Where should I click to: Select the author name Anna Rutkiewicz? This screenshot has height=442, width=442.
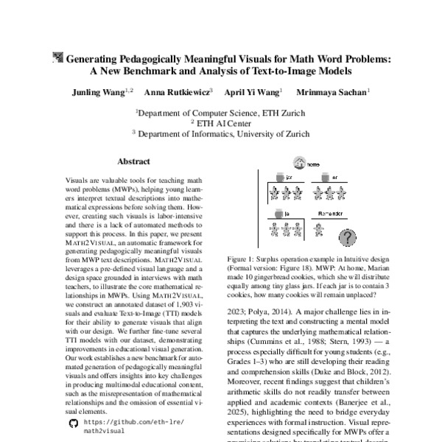pyautogui.click(x=178, y=92)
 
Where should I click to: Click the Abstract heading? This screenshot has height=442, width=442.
pyautogui.click(x=134, y=161)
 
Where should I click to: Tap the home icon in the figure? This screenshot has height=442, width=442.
pyautogui.click(x=299, y=164)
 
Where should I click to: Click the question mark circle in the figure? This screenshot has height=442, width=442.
pyautogui.click(x=346, y=236)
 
